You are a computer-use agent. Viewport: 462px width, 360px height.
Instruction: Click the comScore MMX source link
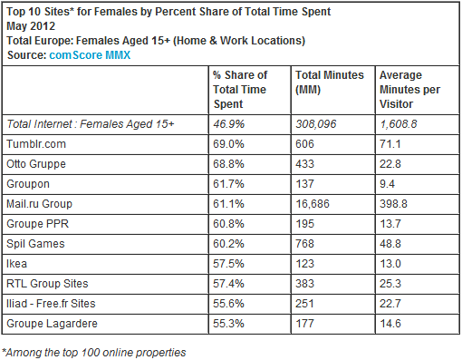coord(90,55)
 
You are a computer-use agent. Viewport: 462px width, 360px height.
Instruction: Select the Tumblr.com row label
coord(36,144)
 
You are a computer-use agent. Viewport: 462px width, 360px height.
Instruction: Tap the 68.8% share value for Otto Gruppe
coord(228,164)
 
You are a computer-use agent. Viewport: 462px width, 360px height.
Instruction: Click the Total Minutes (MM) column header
coord(330,83)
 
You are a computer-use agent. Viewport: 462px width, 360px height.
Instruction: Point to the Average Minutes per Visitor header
coord(409,90)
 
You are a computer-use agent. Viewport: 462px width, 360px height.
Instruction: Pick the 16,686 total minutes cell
coord(313,204)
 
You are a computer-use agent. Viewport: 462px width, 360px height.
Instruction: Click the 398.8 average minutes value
coord(393,204)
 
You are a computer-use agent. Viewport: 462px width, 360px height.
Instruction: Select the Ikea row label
coord(17,264)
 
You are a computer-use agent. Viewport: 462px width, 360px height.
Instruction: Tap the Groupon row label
coord(28,184)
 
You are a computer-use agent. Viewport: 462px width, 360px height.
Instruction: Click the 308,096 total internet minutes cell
coord(316,124)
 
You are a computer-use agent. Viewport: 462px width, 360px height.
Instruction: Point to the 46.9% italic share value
coord(228,124)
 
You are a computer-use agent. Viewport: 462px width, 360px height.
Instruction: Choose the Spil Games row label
coord(35,244)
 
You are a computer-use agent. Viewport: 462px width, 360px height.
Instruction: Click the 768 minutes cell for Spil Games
coord(304,244)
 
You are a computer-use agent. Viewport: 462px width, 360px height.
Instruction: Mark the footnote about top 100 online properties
coord(94,353)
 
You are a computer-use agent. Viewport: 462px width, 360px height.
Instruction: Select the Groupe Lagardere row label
coord(52,324)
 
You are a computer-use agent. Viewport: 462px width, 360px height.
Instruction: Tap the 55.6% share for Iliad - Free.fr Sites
coord(228,304)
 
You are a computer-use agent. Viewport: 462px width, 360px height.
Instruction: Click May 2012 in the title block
coord(31,26)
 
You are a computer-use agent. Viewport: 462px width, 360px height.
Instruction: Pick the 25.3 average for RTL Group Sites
coord(390,284)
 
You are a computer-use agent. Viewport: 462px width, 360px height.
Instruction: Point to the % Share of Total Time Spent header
coord(240,90)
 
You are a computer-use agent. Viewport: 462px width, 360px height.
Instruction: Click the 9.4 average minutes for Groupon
coord(387,184)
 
